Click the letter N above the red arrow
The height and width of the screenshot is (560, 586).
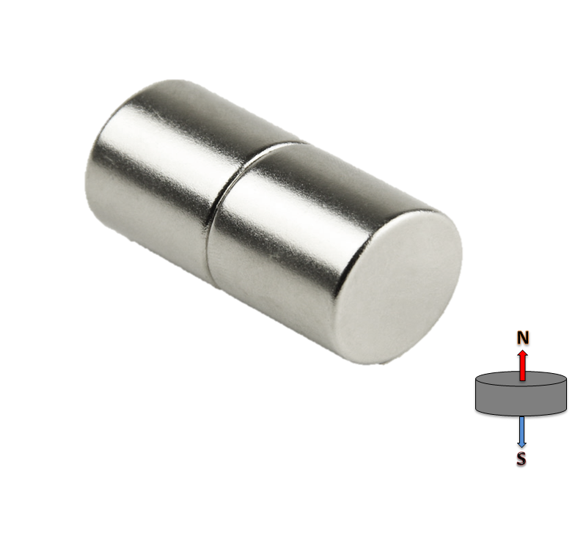522,338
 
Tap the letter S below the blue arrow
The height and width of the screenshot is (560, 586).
521,460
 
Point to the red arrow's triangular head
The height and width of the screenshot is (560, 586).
522,354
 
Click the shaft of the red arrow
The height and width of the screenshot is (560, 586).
522,369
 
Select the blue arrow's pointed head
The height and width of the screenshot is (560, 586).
521,444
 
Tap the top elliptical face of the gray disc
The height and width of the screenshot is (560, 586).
506,380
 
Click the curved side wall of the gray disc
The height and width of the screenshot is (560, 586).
506,399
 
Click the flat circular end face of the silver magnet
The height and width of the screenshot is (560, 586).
400,286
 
